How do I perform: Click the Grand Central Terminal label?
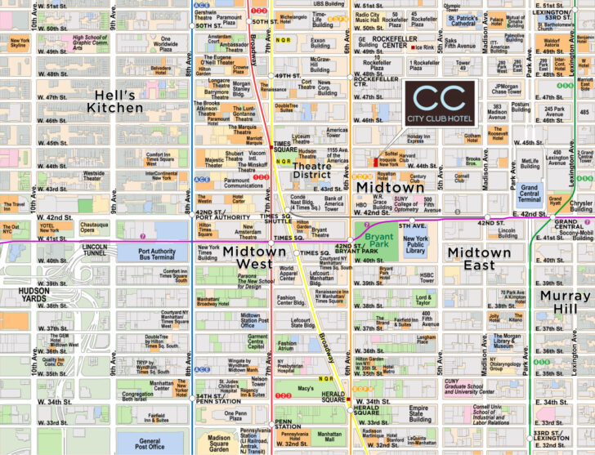[x=530, y=193]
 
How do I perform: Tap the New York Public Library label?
[x=416, y=243]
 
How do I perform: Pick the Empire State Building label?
[x=419, y=413]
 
